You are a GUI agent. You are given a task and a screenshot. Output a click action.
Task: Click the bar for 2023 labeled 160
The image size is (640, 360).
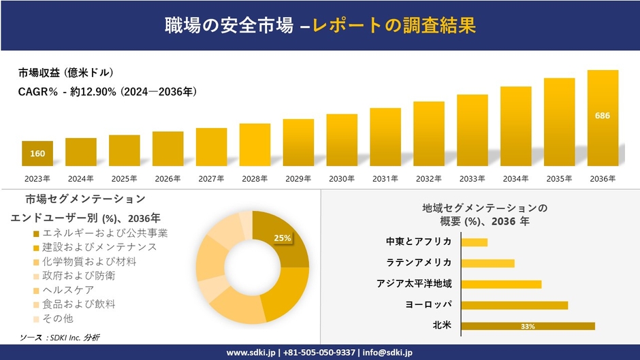[37, 153]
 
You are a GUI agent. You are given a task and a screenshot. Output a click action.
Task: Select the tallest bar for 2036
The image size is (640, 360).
[603, 118]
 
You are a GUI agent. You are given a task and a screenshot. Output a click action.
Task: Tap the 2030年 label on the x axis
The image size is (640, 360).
[341, 179]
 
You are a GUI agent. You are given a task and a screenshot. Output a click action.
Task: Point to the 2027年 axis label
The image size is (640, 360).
[211, 179]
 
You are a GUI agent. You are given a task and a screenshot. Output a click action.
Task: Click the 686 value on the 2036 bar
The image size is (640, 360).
[603, 116]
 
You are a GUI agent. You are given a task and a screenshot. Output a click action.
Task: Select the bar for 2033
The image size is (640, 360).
[472, 130]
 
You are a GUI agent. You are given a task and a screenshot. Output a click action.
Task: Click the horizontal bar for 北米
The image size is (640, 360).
[528, 326]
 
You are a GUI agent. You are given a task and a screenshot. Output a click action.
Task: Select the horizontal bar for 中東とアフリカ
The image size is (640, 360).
[475, 242]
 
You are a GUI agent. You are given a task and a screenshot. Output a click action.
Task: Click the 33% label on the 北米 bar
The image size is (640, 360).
[528, 327]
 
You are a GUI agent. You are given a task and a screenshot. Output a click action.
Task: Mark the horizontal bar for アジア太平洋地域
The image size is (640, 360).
[501, 284]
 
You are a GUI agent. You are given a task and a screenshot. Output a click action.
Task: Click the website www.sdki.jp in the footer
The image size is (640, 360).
[250, 353]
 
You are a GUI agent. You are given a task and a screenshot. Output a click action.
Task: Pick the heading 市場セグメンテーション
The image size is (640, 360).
[85, 199]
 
